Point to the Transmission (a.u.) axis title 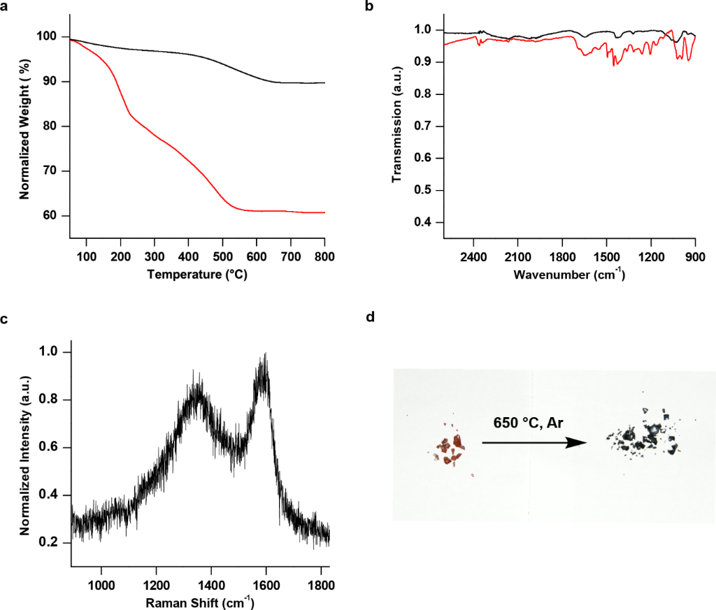click(x=397, y=129)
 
